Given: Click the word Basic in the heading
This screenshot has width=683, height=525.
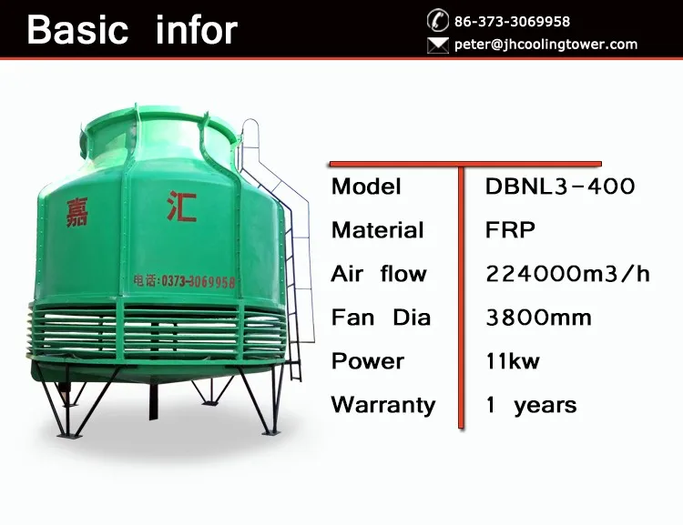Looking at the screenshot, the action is tap(77, 30).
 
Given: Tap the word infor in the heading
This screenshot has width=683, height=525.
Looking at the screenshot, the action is tap(197, 30).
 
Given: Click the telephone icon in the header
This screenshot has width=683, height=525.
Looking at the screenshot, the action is tap(438, 20).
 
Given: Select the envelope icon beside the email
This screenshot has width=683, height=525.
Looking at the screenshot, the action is tap(438, 45).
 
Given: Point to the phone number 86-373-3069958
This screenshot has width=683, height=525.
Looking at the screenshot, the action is tap(512, 21).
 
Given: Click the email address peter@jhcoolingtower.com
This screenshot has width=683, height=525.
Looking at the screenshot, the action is tap(545, 45).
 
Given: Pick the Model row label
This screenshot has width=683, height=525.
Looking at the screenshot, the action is tap(366, 187).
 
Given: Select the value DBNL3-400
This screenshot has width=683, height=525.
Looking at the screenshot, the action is tap(560, 187).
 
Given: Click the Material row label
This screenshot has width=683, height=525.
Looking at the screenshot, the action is tap(377, 230).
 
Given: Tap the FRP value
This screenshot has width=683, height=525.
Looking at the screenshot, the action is tap(510, 230).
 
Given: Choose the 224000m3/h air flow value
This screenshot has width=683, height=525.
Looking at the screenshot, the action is tap(567, 274).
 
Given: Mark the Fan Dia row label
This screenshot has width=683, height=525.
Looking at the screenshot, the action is tap(381, 318).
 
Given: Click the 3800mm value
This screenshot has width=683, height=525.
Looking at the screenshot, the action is tap(538, 318).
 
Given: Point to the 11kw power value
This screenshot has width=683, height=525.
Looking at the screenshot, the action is tap(512, 361).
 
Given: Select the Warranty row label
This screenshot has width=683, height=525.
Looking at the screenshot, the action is tap(383, 405).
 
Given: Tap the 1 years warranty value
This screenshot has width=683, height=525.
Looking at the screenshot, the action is tap(532, 405).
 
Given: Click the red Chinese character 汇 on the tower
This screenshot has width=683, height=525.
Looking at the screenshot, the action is tap(182, 206).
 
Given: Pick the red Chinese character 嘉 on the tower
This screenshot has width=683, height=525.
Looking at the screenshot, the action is tap(77, 213).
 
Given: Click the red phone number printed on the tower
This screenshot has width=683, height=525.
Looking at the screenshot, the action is tap(184, 282).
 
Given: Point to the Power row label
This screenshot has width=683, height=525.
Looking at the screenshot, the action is tap(368, 361).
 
